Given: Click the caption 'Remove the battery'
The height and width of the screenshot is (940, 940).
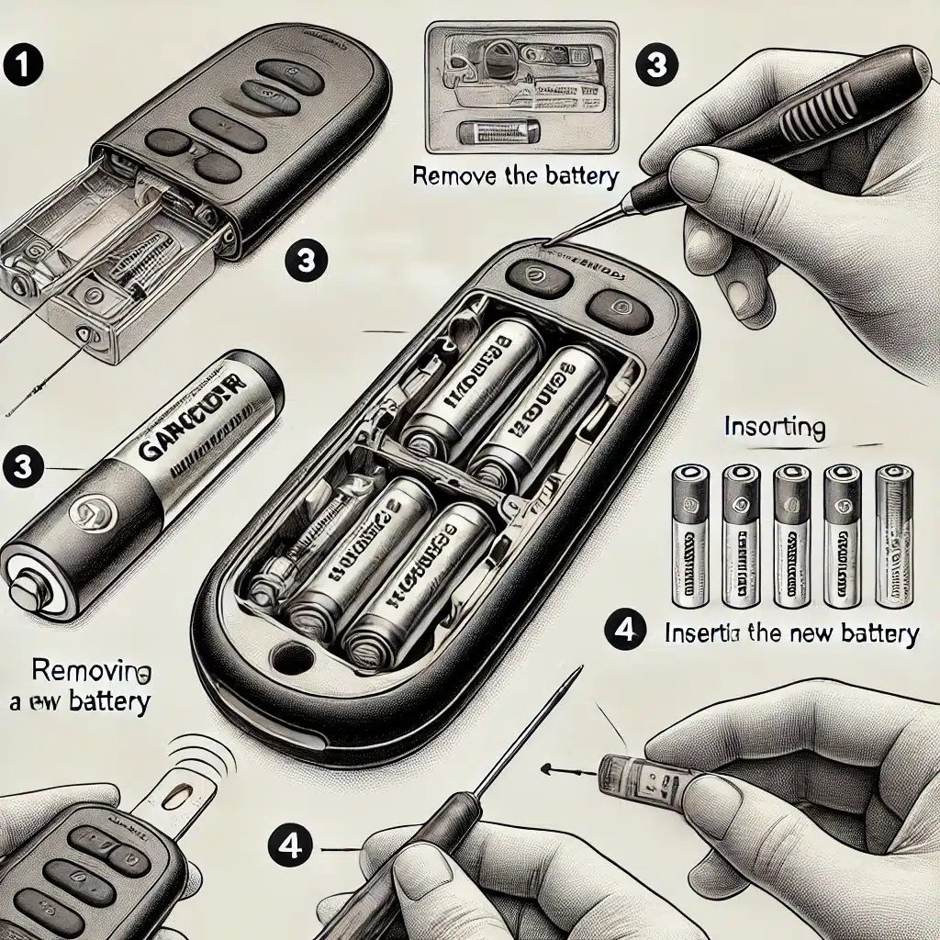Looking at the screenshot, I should tap(515, 176).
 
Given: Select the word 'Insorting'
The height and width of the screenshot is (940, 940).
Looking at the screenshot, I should tap(774, 428).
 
